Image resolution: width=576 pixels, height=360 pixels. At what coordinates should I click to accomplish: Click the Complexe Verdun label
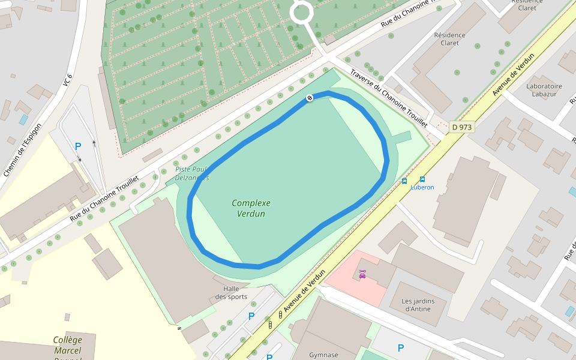251,208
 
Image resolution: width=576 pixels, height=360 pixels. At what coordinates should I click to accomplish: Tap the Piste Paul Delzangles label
192,173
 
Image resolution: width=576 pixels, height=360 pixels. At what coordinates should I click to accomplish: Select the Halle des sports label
231,293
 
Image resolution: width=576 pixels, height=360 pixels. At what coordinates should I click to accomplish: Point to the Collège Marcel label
67,346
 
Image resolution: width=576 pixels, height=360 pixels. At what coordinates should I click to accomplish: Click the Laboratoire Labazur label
544,89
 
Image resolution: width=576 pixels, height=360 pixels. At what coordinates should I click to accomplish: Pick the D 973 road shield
461,127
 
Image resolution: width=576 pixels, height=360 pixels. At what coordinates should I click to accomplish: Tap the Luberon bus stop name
422,187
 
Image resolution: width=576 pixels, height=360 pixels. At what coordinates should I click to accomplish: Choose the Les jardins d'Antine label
416,305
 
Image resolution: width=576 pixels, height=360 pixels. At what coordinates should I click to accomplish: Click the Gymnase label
324,355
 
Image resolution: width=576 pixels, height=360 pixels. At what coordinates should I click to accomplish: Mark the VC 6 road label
67,80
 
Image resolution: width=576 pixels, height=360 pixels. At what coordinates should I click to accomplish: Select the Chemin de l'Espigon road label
22,151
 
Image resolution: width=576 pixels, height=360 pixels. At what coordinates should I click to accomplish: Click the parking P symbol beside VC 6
77,146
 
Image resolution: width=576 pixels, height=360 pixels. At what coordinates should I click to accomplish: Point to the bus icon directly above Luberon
422,179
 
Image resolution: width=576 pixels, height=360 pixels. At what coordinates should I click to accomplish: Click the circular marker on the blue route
310,98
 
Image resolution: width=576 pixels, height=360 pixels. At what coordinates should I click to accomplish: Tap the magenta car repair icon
362,274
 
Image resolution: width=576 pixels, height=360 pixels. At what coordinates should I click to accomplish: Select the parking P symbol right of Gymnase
401,347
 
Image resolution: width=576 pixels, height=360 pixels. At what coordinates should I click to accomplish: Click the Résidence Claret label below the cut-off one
449,39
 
